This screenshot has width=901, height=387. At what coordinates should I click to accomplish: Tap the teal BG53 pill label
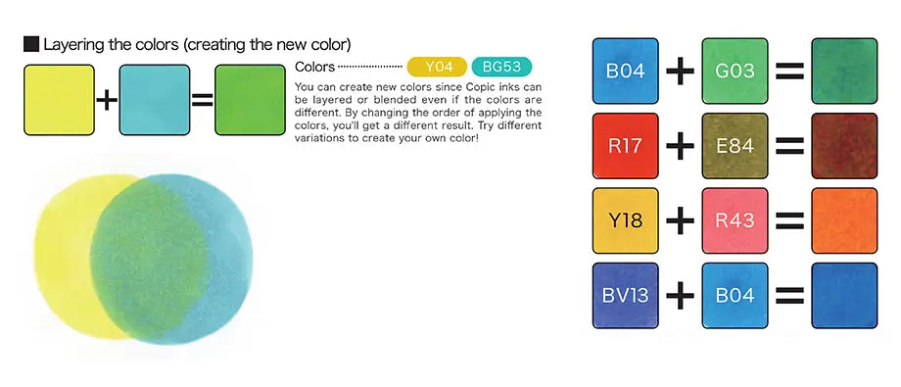[502, 68]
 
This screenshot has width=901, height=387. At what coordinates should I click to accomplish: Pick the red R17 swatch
[625, 145]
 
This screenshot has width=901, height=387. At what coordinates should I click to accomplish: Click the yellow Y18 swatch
[625, 219]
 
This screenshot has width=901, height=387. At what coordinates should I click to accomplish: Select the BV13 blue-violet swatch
[625, 294]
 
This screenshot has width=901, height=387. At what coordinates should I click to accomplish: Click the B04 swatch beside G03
[625, 71]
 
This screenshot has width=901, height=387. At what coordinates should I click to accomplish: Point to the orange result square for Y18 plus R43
[845, 219]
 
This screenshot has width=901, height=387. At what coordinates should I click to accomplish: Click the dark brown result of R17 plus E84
[845, 145]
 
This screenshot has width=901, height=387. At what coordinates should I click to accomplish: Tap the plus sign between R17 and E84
[680, 145]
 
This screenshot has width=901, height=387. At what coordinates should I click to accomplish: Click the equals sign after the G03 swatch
[789, 71]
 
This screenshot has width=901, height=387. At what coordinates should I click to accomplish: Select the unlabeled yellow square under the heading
[59, 100]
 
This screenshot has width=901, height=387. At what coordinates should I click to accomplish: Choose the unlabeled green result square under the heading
[250, 100]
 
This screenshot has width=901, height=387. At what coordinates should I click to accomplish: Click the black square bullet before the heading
[30, 45]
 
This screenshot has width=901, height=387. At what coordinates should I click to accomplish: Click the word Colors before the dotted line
[313, 68]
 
